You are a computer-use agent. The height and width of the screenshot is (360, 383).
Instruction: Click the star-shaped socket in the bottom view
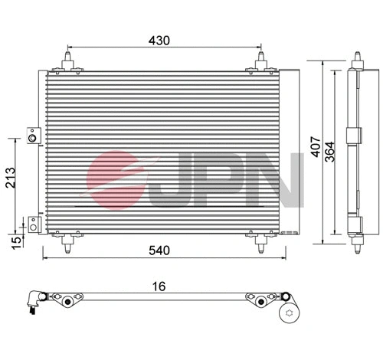(x=290, y=312)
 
